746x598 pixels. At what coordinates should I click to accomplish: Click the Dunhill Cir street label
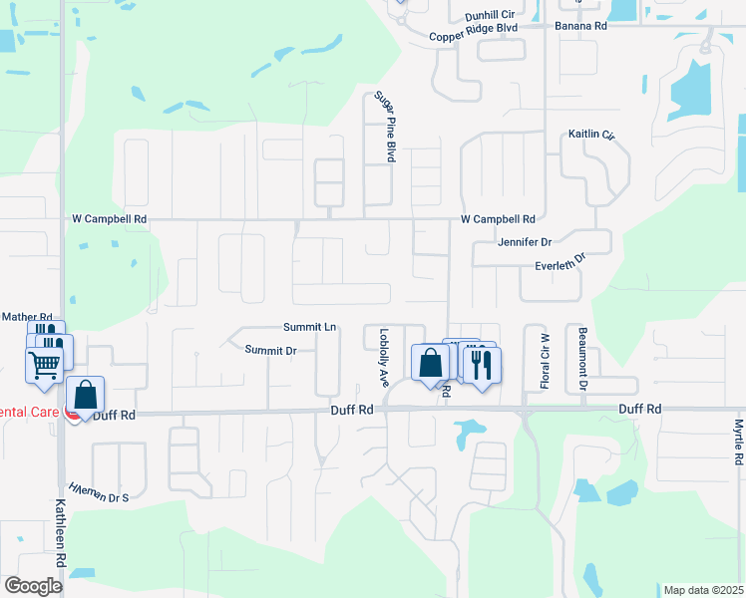(x=489, y=16)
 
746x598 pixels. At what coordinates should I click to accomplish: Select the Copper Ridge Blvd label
(x=474, y=35)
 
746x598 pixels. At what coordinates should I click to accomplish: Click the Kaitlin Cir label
(x=592, y=134)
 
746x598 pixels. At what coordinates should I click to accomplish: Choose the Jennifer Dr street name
(x=524, y=242)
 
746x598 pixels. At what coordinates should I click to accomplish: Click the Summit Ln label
(x=309, y=327)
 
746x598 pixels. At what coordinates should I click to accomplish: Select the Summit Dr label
(x=271, y=350)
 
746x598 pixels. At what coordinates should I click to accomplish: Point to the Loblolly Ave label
(x=383, y=357)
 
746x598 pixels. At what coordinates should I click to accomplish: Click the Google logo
(x=33, y=585)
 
